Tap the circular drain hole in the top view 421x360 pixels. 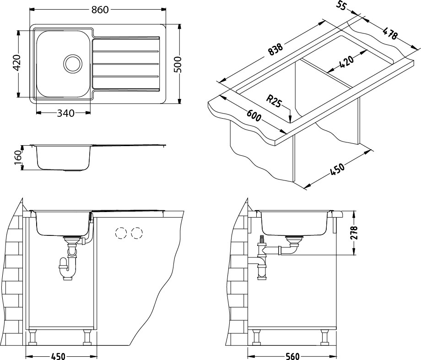(72, 64)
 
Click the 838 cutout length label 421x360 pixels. (275, 50)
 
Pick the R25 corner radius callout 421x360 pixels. (274, 101)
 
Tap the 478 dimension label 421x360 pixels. (390, 34)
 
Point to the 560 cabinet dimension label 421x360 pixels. (292, 356)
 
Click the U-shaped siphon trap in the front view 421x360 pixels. (68, 268)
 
